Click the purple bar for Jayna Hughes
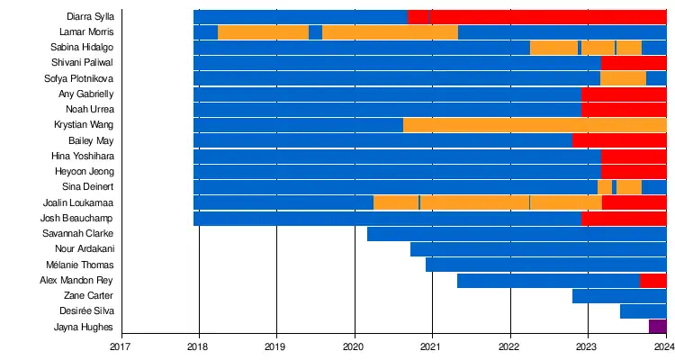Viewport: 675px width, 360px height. [657, 327]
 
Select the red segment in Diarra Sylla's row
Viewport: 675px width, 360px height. [549, 16]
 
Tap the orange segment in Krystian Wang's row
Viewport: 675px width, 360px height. [535, 125]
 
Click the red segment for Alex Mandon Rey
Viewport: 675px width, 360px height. [652, 281]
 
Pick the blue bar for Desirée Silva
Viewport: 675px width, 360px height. [643, 311]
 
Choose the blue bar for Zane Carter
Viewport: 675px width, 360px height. [619, 296]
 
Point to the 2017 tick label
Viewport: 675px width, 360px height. [121, 345]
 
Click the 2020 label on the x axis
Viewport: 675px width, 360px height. [355, 345]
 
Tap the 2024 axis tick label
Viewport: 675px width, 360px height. [665, 345]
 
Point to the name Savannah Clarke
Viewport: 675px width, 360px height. [78, 233]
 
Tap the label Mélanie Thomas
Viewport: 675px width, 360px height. [79, 265]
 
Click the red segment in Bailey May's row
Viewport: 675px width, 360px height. [619, 140]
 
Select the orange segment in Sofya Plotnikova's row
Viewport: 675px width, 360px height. [623, 78]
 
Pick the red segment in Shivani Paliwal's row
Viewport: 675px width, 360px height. [634, 63]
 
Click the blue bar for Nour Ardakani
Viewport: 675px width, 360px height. [538, 249]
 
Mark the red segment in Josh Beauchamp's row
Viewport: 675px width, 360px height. [624, 219]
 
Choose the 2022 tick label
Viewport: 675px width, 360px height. [510, 345]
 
